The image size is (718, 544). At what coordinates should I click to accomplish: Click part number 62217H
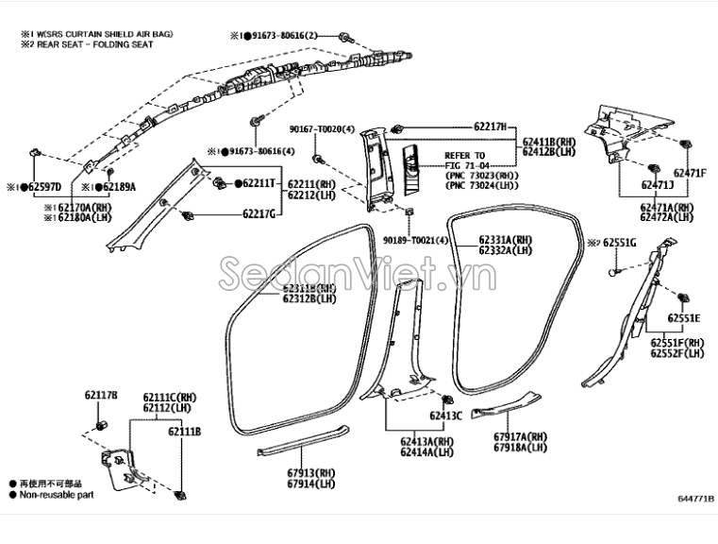pos(490,126)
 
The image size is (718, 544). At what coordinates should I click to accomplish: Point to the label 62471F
pos(689,173)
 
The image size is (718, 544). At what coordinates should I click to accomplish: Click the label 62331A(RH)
pos(505,240)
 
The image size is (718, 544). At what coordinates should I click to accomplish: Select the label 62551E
pos(685,318)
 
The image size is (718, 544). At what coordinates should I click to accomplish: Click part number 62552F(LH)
pos(676,353)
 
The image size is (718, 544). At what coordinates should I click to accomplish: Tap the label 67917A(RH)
pos(520,436)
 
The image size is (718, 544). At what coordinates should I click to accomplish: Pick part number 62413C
pos(445,416)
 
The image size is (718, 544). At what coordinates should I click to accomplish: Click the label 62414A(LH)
pos(426,452)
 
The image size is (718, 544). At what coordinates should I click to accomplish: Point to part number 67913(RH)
pos(312,471)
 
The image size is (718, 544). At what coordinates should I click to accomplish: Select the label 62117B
pos(101,395)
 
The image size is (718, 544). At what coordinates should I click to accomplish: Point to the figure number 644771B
pos(694,499)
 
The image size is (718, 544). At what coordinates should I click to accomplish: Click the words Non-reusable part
pos(57,494)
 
